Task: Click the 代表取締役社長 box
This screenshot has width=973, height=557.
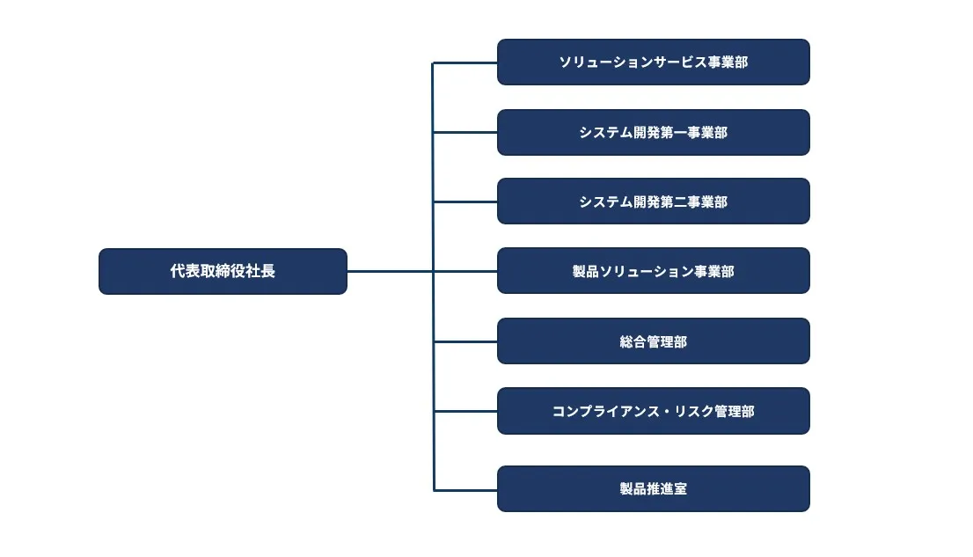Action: point(223,271)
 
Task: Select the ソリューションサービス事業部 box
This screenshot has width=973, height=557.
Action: point(653,62)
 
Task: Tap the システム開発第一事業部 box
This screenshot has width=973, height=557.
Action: point(653,132)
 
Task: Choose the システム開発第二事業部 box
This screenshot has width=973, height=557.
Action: point(653,202)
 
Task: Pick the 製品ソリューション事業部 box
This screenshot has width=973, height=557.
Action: point(653,271)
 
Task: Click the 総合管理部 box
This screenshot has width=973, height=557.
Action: point(653,341)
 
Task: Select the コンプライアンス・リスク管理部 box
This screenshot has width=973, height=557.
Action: point(653,411)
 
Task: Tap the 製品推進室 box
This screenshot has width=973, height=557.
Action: point(653,488)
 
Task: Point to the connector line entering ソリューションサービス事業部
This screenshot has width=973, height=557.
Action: point(465,62)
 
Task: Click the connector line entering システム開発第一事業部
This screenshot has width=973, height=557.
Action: point(465,132)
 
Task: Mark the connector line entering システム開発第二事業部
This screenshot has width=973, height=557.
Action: point(465,202)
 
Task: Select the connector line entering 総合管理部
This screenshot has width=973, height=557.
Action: point(465,341)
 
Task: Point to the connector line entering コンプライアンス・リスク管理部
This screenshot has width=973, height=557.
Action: point(465,411)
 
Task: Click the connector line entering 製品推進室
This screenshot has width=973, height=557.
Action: point(465,489)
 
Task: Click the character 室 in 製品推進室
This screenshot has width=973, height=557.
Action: point(680,488)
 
